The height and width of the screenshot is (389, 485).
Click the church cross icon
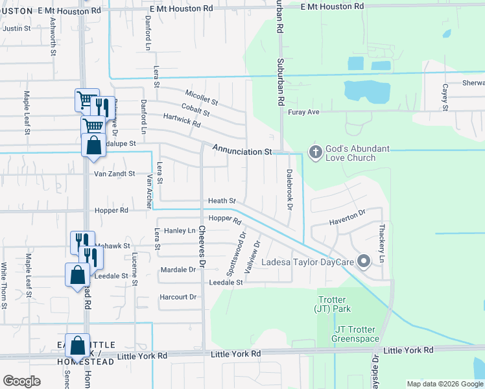click(316, 152)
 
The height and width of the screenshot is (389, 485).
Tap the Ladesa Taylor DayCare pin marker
click(364, 262)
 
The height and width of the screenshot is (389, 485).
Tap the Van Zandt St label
click(114, 174)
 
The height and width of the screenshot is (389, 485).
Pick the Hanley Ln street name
click(180, 231)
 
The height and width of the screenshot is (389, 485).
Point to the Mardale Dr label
click(178, 269)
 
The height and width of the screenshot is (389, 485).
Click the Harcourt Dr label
click(177, 297)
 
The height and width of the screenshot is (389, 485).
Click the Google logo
click(21, 381)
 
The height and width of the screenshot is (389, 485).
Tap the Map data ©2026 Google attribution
click(444, 384)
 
